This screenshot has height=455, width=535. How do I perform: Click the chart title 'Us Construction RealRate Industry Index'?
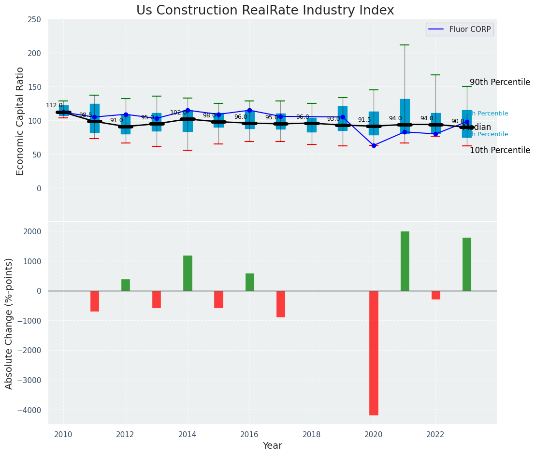coord(265,11)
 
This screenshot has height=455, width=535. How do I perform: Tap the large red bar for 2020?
coord(374,353)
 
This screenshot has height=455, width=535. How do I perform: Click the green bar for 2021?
coord(405,261)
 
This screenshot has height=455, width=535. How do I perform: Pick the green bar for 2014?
coord(188,273)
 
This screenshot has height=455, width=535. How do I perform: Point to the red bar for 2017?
coord(281,304)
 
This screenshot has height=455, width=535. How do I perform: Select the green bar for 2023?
coord(467,264)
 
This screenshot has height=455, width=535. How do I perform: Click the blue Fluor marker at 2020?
coord(374,145)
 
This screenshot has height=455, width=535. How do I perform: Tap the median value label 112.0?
coord(54,105)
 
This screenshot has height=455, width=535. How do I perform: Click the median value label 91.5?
coord(364,120)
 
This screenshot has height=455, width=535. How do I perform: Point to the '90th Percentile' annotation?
coord(500,82)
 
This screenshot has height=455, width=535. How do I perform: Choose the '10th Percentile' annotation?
coord(500,150)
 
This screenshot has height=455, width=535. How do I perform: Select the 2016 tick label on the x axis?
coord(249,435)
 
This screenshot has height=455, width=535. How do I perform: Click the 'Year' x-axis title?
coord(272,446)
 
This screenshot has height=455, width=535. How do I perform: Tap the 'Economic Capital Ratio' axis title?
coord(20,121)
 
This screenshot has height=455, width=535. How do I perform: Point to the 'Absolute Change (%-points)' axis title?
coord(9,323)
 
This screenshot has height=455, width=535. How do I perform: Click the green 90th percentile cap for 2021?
coord(405,45)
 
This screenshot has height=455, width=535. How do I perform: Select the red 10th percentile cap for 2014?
coord(188,150)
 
